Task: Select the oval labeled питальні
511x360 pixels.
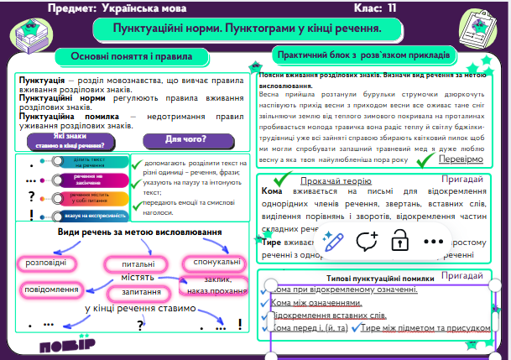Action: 125,263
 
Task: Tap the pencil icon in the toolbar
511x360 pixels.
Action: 331,240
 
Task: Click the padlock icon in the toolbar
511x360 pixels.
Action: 399,240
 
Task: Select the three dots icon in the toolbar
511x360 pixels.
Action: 433,240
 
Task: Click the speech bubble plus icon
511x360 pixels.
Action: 366,240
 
